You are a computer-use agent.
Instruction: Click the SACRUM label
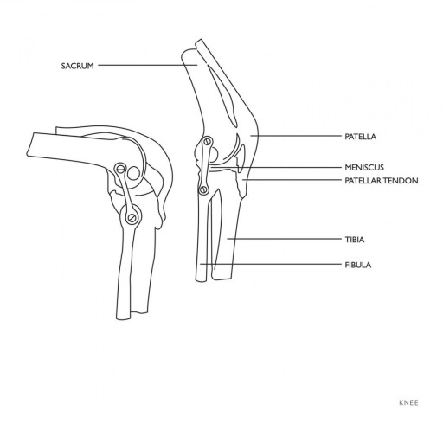point(78,66)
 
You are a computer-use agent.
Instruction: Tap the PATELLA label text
point(361,137)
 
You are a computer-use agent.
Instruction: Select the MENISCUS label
point(364,167)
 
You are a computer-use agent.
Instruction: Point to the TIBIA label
point(355,240)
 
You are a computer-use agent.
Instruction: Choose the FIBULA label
point(358,265)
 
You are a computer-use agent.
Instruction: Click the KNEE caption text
point(408,403)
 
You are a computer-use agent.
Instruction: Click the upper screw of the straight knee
point(207,142)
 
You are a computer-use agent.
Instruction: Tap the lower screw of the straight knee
point(203,189)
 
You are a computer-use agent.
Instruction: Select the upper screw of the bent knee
point(120,169)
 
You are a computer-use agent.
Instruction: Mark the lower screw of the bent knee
point(132,218)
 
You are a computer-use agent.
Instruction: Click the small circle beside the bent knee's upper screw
point(133,174)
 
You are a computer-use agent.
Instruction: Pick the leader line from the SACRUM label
point(148,65)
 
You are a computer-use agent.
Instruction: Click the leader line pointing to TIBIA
point(284,239)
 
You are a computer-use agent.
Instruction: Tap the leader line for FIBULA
point(271,264)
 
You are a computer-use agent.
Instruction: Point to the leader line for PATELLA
point(296,136)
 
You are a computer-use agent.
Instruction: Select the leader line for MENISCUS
point(276,167)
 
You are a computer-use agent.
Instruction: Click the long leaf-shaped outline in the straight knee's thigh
point(222,96)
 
